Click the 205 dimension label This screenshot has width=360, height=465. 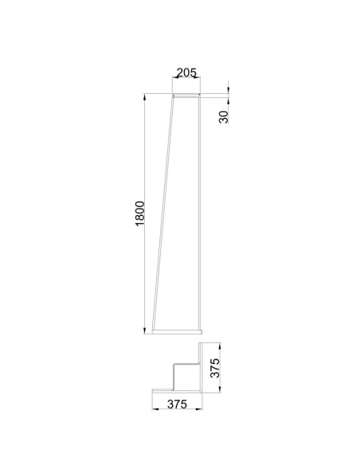[186, 72]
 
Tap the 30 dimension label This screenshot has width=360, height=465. [224, 117]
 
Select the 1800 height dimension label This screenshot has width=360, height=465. [139, 213]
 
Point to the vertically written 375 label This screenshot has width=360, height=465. [215, 368]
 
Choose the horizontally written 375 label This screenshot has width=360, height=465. [177, 404]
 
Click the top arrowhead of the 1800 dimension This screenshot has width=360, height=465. [144, 97]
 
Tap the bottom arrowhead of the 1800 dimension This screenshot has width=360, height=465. [144, 330]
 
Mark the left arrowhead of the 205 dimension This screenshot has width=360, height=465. [176, 77]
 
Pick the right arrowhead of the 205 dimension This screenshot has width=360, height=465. [197, 77]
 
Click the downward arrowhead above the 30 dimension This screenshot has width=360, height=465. [228, 90]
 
